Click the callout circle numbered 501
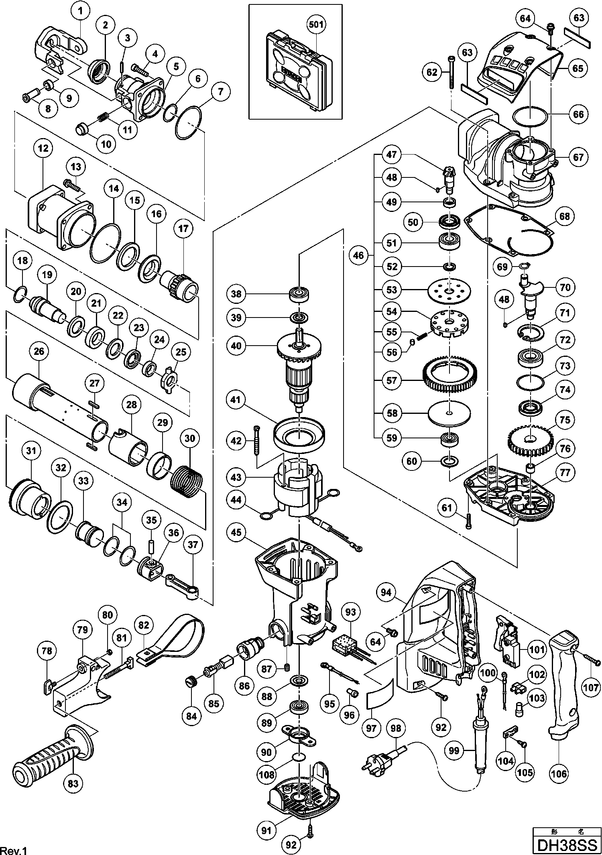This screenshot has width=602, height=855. pos(316,24)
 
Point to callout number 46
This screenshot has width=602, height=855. pos(358,255)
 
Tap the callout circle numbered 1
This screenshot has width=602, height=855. pos(80,11)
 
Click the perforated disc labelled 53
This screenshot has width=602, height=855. pos(449,290)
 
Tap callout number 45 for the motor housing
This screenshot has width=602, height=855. pos(236,532)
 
